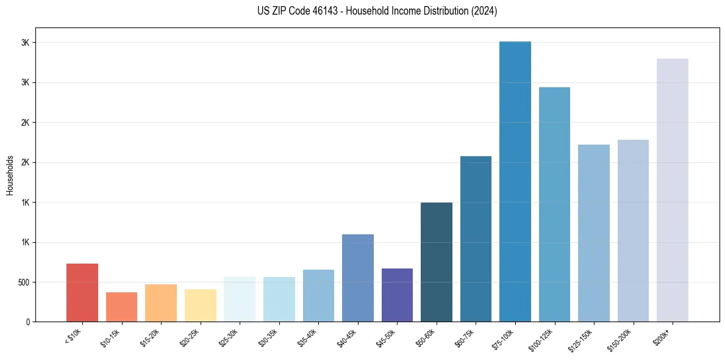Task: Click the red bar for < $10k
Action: coord(82,293)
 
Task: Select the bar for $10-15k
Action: coord(121,307)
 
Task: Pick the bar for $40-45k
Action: coord(358,278)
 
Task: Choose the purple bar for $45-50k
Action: coord(397,295)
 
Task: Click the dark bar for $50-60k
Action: coord(437,262)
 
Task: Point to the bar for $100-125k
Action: coord(554,204)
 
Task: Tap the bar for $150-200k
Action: coord(633,231)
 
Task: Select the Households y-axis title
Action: coord(10,175)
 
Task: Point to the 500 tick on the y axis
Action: coord(24,283)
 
